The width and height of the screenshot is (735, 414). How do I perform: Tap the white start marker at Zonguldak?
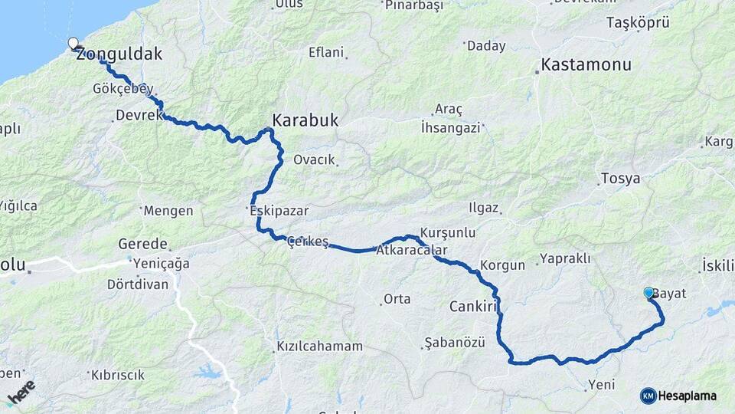73,44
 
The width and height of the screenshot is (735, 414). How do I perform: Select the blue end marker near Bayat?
648,292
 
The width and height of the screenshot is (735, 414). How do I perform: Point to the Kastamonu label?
586,64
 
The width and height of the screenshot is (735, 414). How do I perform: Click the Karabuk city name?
305,121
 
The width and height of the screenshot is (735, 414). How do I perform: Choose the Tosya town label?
621,179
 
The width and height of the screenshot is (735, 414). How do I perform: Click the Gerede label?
142,244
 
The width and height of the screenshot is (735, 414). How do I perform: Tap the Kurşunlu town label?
448,232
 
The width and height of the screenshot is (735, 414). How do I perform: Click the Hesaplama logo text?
688,396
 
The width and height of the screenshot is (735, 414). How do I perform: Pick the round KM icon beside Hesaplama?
648,396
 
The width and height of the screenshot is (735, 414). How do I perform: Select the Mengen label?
168,210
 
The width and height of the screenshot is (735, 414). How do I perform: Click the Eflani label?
326,53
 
